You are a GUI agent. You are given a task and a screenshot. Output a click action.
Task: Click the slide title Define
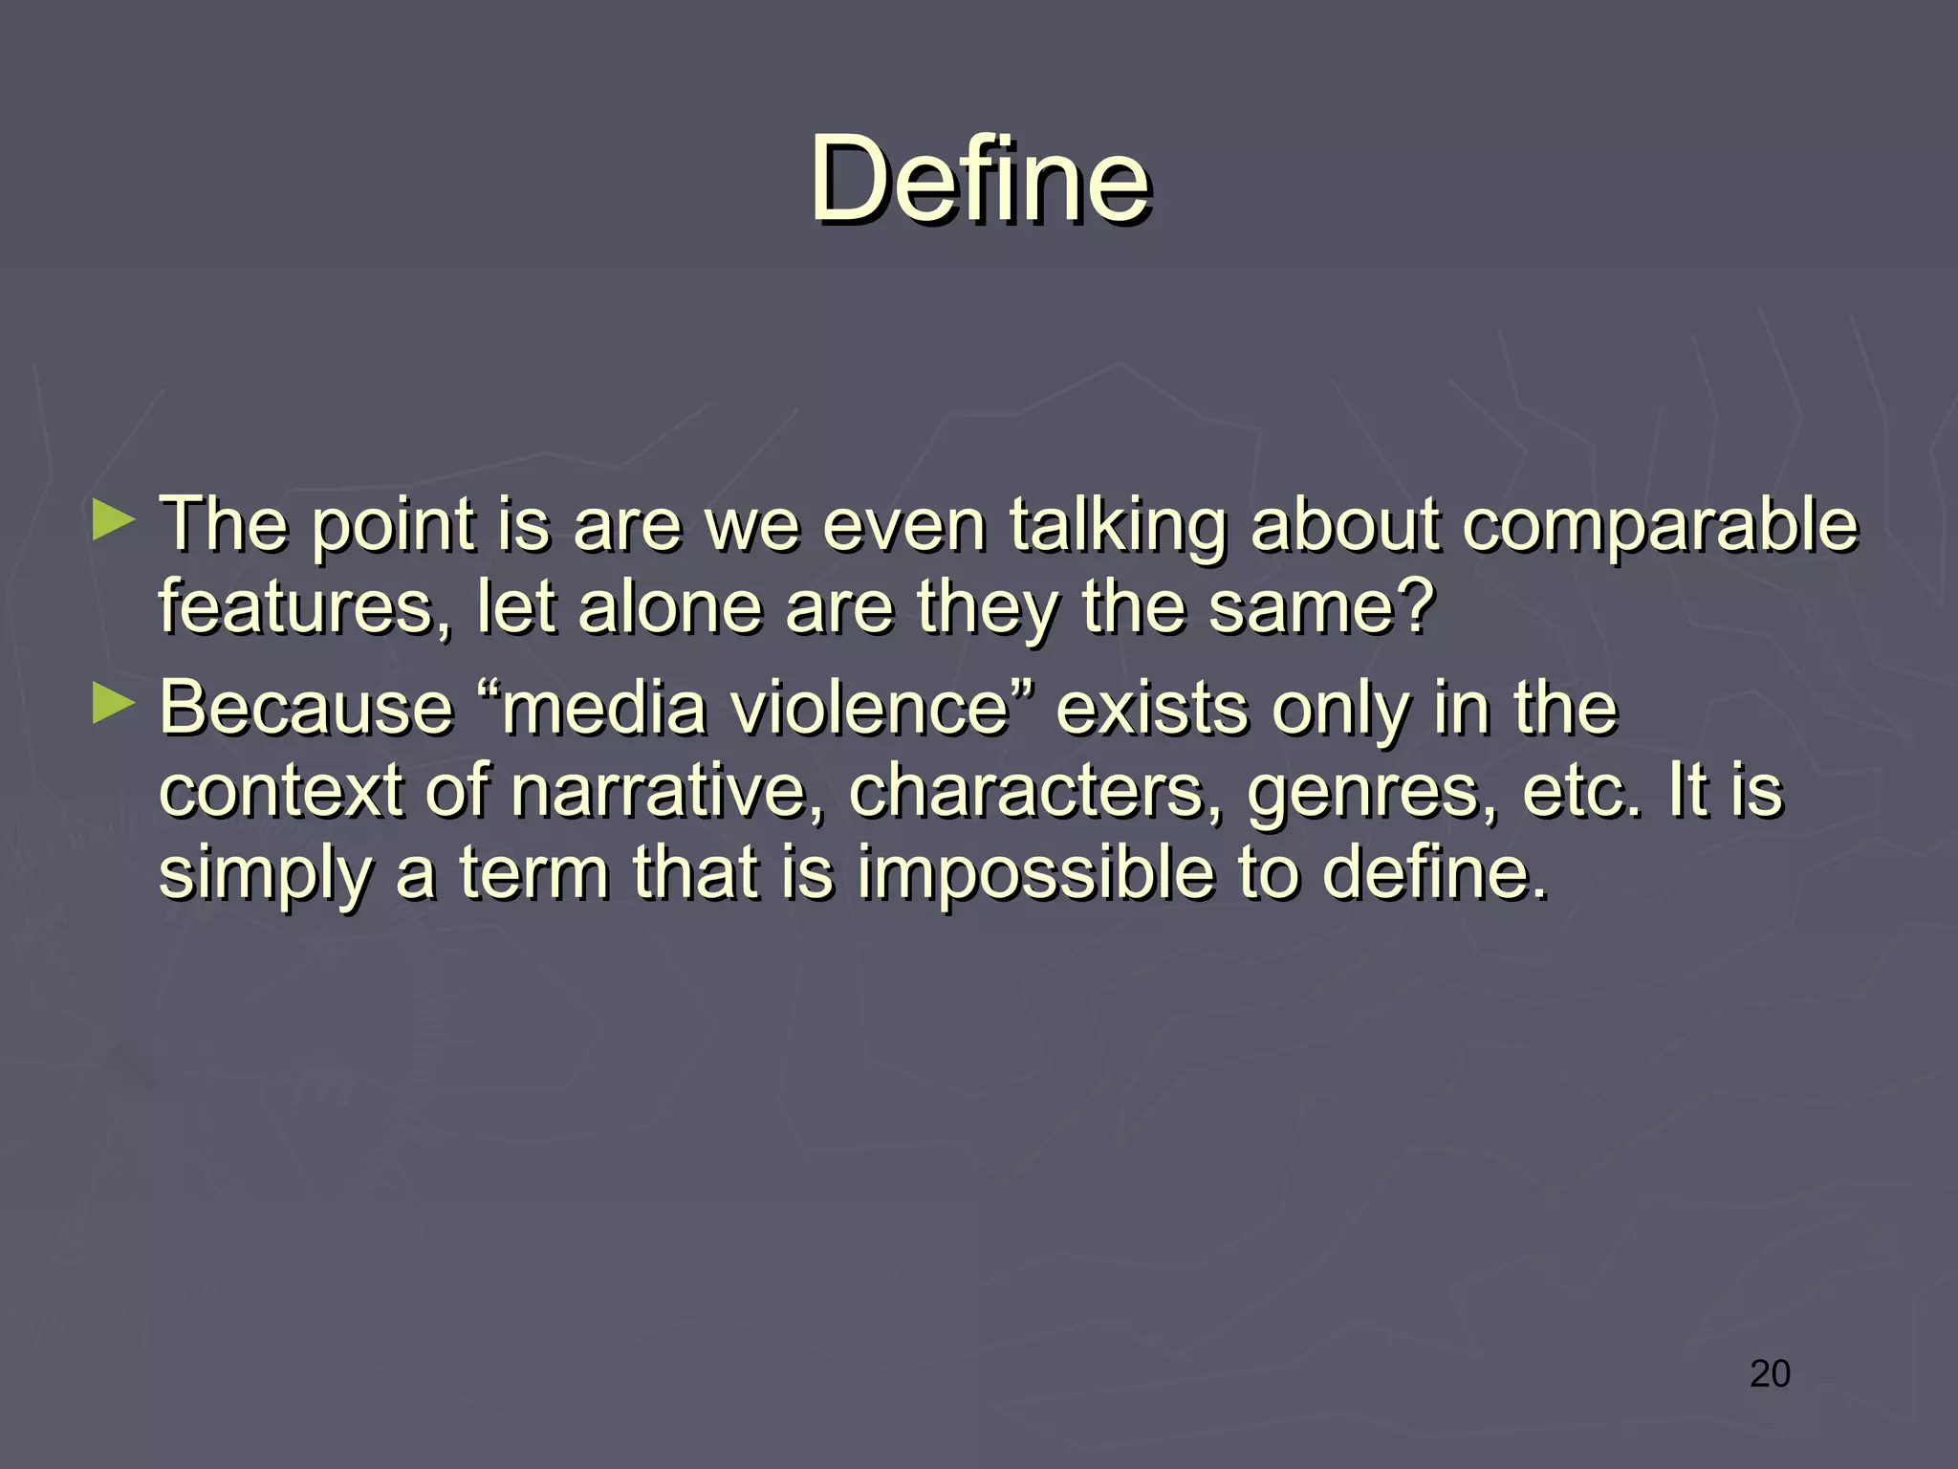tap(980, 179)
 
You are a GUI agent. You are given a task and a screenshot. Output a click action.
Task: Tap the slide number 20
tap(1770, 1373)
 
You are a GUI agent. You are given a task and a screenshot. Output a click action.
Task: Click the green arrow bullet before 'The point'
tap(114, 522)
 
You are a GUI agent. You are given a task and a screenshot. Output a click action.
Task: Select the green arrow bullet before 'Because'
tap(114, 705)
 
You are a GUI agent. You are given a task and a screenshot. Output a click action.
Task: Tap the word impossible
tap(1034, 874)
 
